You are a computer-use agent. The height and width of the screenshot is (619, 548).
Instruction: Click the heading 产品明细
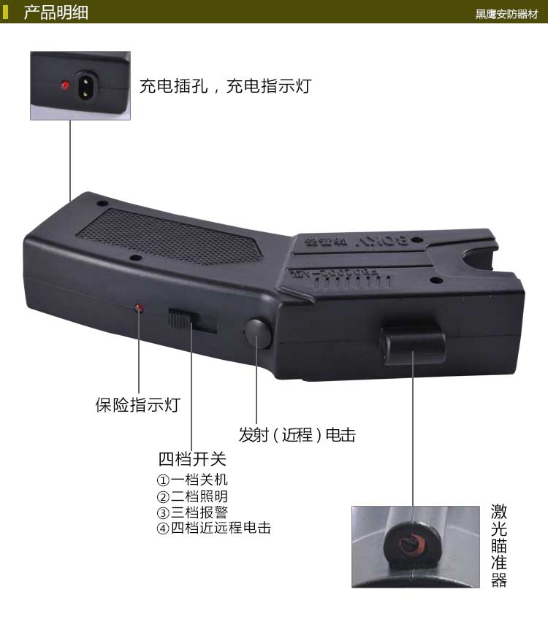pos(56,12)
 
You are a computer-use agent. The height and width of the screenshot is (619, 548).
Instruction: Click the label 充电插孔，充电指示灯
pos(225,85)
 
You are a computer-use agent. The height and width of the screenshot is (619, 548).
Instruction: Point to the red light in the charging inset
pos(65,85)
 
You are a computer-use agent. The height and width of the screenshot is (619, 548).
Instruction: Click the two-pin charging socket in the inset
pos(86,86)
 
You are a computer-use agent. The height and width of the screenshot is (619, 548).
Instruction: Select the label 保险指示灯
pos(137,405)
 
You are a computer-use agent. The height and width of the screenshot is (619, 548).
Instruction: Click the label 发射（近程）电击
pos(297,435)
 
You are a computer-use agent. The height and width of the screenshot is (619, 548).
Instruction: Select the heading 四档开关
pos(192,459)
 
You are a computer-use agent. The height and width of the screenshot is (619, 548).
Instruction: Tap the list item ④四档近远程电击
pos(213,528)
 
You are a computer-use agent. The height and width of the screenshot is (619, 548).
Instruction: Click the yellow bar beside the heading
pos(6,12)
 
